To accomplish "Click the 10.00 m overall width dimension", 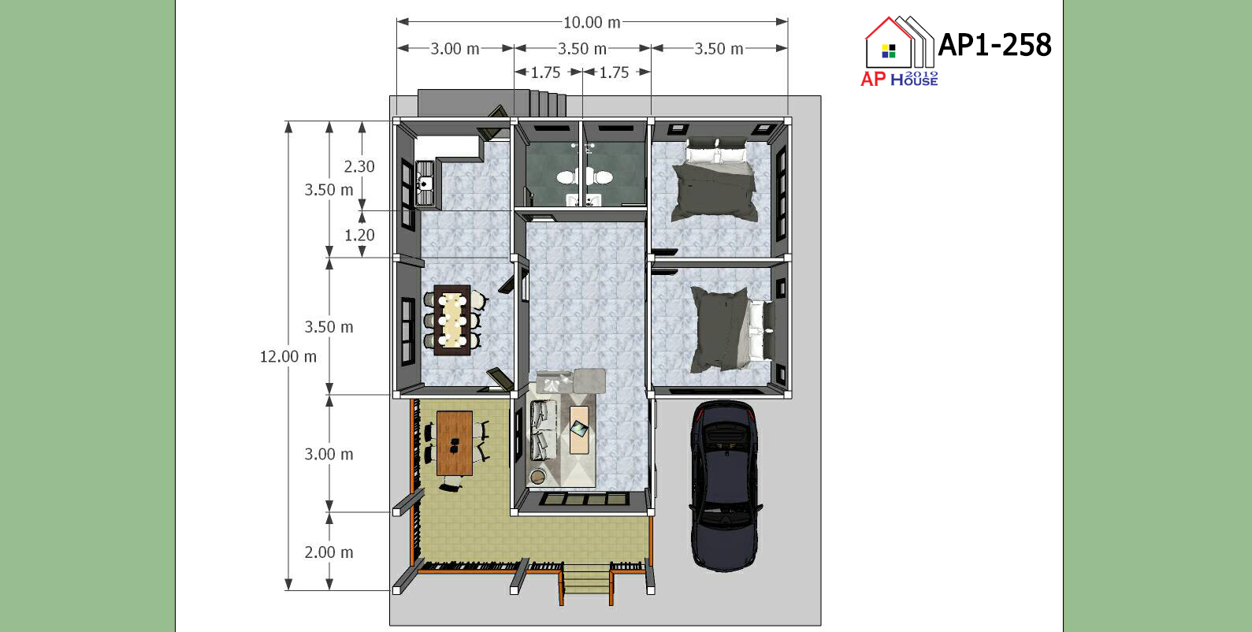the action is click(592, 22).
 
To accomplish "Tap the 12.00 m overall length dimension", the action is click(288, 356).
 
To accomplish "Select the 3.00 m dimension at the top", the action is click(455, 49).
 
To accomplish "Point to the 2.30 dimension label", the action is click(359, 166).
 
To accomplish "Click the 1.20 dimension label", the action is click(359, 236).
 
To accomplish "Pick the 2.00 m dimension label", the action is click(329, 552).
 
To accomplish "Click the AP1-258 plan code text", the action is click(994, 45).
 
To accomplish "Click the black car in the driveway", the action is click(725, 485).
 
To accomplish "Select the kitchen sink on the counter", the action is click(425, 183).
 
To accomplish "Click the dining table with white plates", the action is click(453, 320).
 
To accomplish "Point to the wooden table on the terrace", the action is click(455, 443).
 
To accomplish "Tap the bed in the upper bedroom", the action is click(715, 180).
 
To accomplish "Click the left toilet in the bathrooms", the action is click(567, 177).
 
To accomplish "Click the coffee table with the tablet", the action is click(579, 429).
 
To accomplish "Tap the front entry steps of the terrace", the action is click(586, 580).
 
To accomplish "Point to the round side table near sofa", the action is click(537, 477).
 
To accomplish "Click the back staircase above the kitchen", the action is click(492, 103).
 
